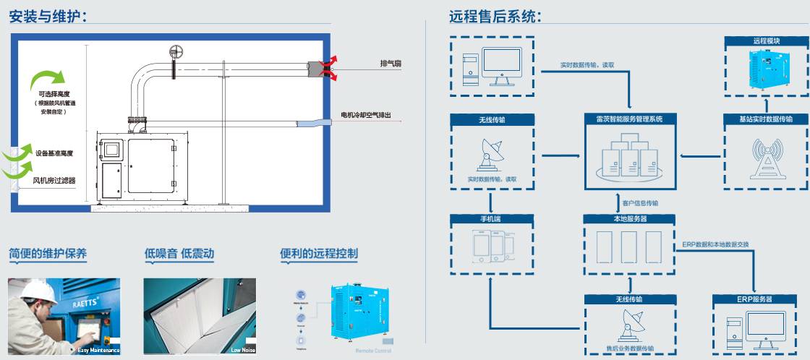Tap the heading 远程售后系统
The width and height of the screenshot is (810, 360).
pyautogui.click(x=495, y=16)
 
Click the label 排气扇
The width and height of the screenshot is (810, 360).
pyautogui.click(x=391, y=64)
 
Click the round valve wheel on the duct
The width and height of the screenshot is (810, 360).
pyautogui.click(x=174, y=53)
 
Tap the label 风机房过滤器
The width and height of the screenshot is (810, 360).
pyautogui.click(x=54, y=180)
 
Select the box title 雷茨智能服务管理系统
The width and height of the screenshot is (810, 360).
pyautogui.click(x=628, y=119)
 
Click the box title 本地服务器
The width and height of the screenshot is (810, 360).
pyautogui.click(x=628, y=218)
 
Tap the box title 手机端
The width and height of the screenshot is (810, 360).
pyautogui.click(x=492, y=218)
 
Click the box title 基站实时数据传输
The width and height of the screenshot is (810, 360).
pyautogui.click(x=765, y=119)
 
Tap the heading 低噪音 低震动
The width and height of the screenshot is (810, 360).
pyautogui.click(x=179, y=254)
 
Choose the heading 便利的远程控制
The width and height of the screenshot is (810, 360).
pyautogui.click(x=319, y=254)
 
